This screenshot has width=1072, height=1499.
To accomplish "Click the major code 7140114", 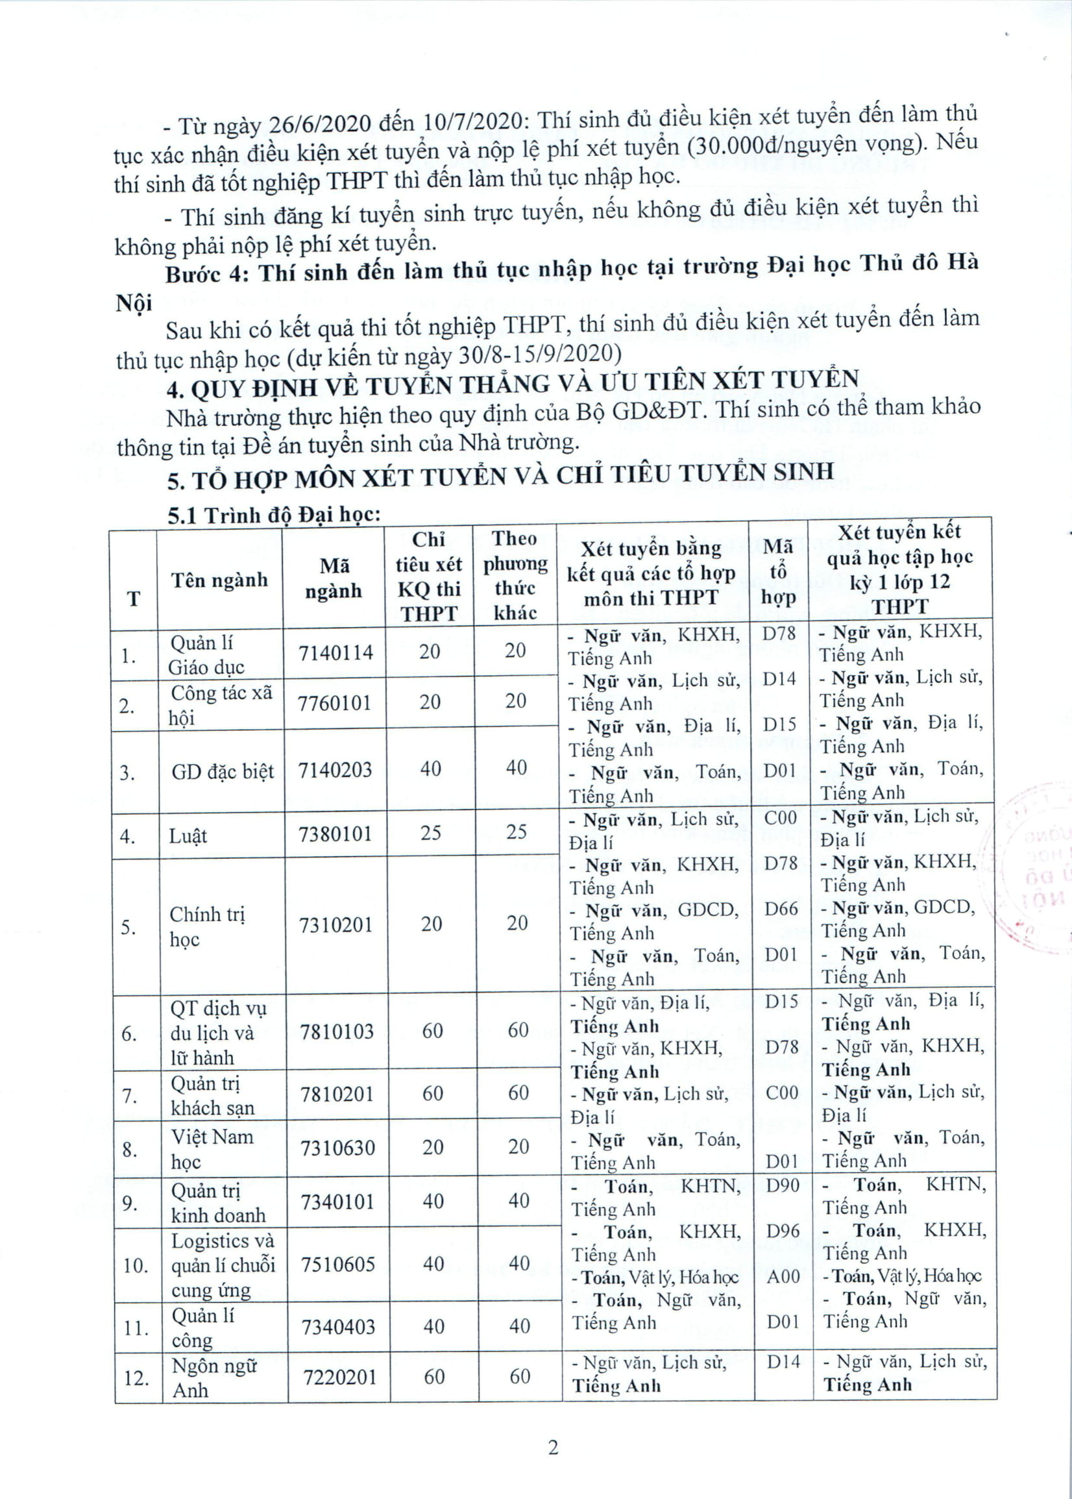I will coord(335,653).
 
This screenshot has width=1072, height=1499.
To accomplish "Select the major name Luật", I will coord(188,836).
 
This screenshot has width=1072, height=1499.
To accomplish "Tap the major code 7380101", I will coord(336,834).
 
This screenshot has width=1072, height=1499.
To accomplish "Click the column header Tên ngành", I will coord(219,580).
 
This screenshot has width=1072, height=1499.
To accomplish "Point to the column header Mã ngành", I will coord(334,578).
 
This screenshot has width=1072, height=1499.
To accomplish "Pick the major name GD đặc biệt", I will coord(223,771).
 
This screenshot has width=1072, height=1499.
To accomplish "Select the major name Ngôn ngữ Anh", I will coord(213,1378).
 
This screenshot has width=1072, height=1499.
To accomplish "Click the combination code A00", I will coord(783,1276).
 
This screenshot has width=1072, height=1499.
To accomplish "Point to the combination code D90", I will coord(782,1185).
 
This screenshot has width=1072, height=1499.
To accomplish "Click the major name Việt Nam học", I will coord(212,1149).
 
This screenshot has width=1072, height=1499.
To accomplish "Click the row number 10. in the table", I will coord(136,1266).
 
